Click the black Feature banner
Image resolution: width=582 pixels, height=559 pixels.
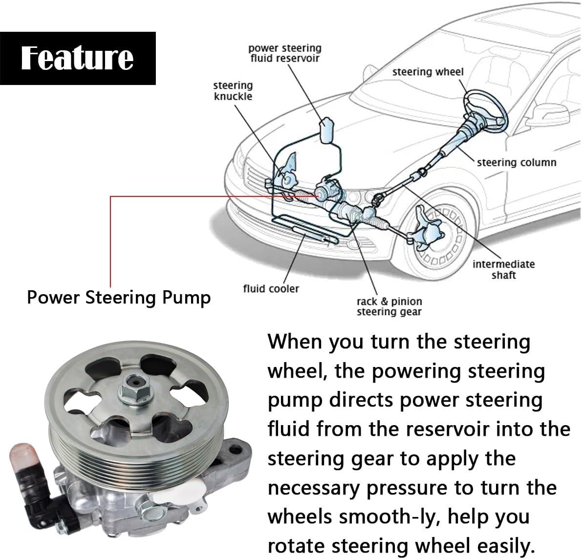pyautogui.click(x=78, y=58)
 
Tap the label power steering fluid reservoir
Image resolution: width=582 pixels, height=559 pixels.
pyautogui.click(x=285, y=53)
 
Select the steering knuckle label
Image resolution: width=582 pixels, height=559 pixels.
pyautogui.click(x=233, y=90)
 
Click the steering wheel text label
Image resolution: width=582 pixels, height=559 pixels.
pyautogui.click(x=428, y=72)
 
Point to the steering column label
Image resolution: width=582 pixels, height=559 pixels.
pyautogui.click(x=517, y=163)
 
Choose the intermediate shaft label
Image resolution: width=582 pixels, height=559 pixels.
pyautogui.click(x=504, y=269)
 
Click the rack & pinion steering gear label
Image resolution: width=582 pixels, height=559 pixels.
pyautogui.click(x=389, y=306)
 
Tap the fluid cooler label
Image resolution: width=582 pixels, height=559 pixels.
pyautogui.click(x=271, y=288)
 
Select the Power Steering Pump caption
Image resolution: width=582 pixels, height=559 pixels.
pyautogui.click(x=119, y=298)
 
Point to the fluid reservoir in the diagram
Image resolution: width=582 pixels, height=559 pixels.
pyautogui.click(x=326, y=130)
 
